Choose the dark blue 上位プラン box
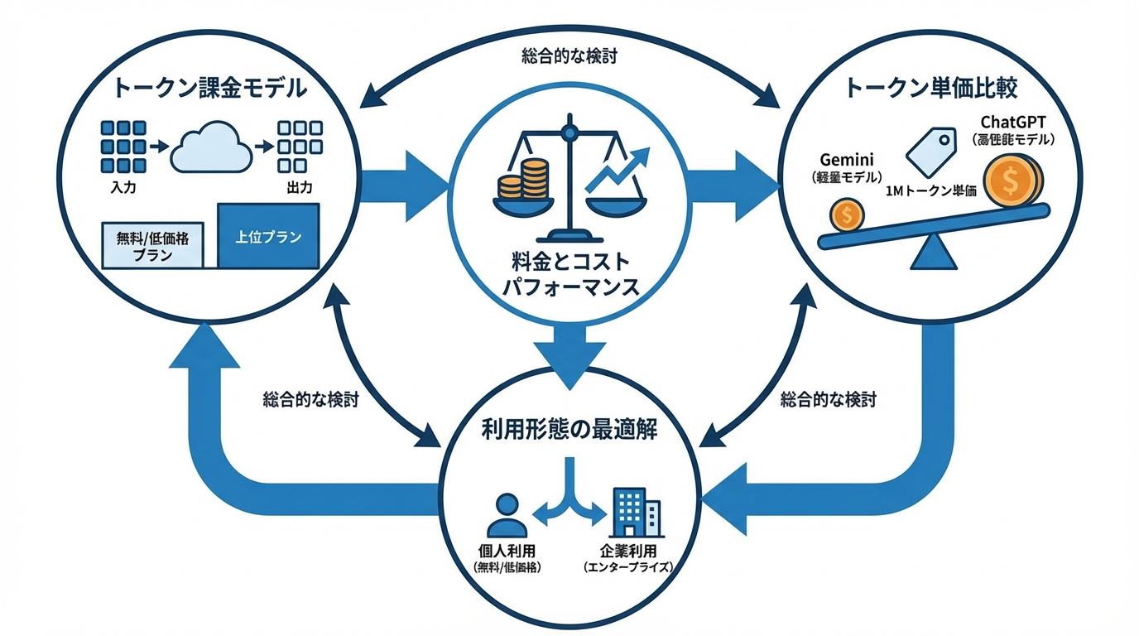[268, 236]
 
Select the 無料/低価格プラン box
[151, 246]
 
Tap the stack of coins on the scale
[523, 180]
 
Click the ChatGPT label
[1013, 123]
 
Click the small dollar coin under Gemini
[846, 215]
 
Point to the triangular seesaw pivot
[934, 253]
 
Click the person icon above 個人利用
[502, 515]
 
